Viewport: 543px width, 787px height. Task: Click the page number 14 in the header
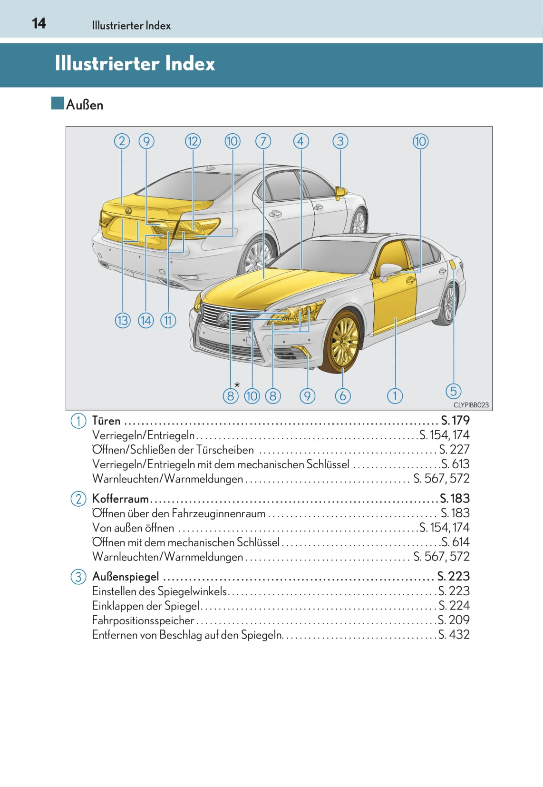tap(39, 23)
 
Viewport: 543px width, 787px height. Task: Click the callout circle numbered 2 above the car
tap(122, 141)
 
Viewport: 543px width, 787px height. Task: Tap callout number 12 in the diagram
tap(193, 141)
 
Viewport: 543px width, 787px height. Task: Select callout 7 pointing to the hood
tap(263, 141)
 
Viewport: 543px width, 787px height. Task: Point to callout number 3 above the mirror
tap(340, 141)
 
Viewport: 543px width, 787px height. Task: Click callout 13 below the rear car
tap(123, 320)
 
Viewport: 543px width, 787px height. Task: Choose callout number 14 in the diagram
tap(145, 320)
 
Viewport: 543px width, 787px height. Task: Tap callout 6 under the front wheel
tap(342, 396)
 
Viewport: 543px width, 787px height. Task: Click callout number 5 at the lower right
tap(453, 391)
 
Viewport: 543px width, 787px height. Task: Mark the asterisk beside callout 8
tap(237, 385)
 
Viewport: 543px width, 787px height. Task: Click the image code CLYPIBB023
tap(471, 405)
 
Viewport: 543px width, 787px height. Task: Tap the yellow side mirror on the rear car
tap(340, 193)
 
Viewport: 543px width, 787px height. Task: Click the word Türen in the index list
tap(106, 421)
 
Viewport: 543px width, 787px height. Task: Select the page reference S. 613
tap(455, 464)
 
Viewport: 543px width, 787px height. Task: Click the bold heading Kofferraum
tap(120, 499)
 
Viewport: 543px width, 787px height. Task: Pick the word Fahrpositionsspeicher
tap(143, 620)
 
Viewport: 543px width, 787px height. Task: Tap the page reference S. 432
tap(454, 635)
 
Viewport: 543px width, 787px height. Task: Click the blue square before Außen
tap(58, 103)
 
